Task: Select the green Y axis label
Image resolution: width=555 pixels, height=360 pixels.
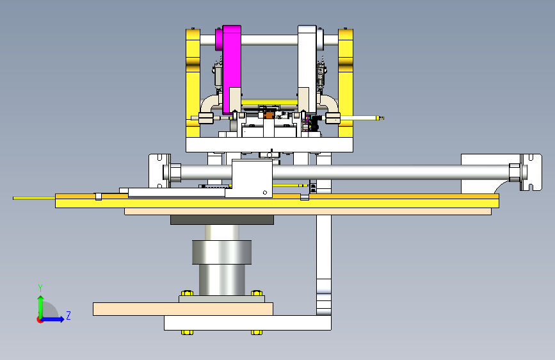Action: [x=40, y=288]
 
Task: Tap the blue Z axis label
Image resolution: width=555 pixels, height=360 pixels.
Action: [x=68, y=315]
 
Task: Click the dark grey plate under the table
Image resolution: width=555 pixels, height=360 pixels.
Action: [x=222, y=220]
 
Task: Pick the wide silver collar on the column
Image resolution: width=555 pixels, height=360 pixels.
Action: [x=222, y=252]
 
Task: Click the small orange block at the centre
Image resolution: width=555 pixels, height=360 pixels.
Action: [x=269, y=115]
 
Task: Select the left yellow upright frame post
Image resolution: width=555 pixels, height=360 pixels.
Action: [x=193, y=83]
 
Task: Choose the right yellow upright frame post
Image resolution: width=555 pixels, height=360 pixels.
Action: [x=346, y=83]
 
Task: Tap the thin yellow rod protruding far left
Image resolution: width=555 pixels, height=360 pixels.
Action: [x=34, y=198]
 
